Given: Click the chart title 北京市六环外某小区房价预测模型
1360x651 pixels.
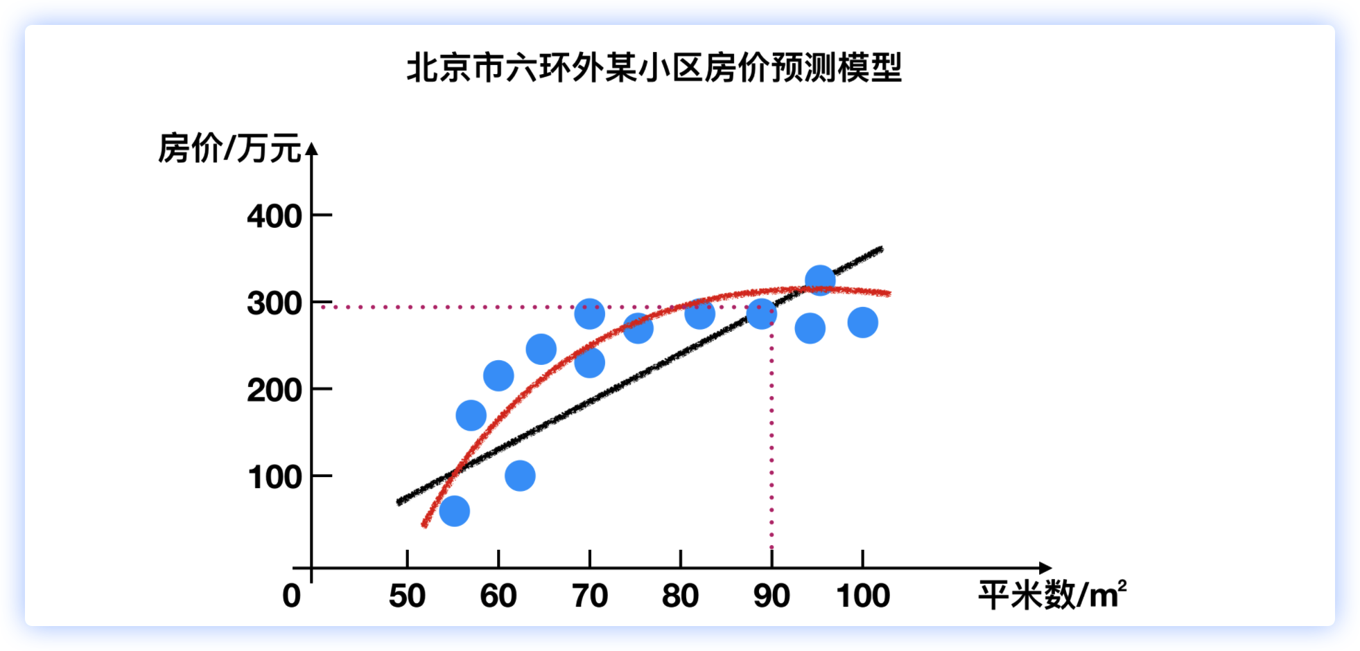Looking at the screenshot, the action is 654,68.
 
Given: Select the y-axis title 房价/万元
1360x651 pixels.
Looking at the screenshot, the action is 229,148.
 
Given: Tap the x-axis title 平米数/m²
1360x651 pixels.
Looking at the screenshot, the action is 1052,595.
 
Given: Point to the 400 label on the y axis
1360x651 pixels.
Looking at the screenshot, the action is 274,216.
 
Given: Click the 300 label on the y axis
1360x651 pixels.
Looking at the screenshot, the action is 274,303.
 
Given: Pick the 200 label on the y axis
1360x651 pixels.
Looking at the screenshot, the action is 274,391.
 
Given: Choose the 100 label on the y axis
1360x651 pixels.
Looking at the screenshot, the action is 274,477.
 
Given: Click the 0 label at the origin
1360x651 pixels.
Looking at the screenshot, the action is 292,596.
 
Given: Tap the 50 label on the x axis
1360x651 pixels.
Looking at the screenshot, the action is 407,596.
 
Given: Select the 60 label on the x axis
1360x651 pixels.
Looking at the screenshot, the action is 498,596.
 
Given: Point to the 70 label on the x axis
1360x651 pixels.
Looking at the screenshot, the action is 590,596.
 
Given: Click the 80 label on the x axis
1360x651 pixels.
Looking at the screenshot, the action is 680,596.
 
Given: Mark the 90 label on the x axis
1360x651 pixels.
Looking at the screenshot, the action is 771,596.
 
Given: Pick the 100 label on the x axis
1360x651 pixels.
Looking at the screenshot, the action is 863,596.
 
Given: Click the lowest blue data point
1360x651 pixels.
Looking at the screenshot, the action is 455,511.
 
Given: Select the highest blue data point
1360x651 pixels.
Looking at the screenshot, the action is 820,280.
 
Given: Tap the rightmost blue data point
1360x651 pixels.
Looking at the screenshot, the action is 863,322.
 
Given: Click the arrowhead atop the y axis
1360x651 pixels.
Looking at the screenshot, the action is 312,148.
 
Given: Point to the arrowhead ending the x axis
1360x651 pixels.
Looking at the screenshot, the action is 1045,568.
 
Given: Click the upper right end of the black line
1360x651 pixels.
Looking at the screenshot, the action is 881,249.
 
